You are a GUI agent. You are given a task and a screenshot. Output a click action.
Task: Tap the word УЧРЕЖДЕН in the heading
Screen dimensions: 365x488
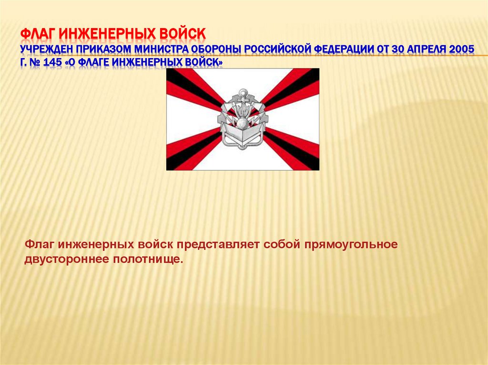point(48,49)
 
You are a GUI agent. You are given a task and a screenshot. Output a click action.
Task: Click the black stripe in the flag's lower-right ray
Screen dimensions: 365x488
point(295,155)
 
